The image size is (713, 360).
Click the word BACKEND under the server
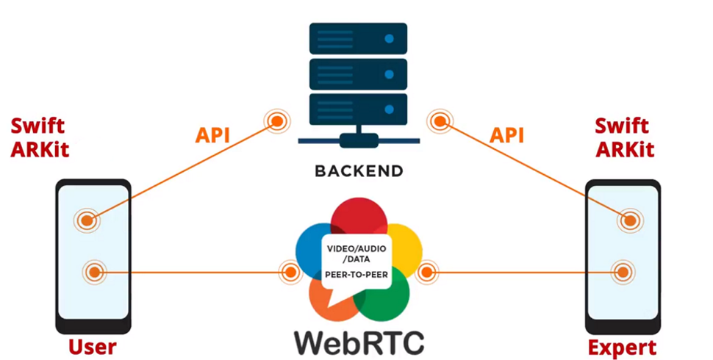(x=359, y=171)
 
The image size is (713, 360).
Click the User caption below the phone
(x=93, y=346)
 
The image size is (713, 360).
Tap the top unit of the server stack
(x=359, y=37)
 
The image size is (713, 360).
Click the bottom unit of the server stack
(x=359, y=108)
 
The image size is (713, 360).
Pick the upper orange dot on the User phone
(x=87, y=220)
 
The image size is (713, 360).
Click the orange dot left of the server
(x=277, y=120)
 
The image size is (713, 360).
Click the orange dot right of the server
(x=440, y=120)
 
